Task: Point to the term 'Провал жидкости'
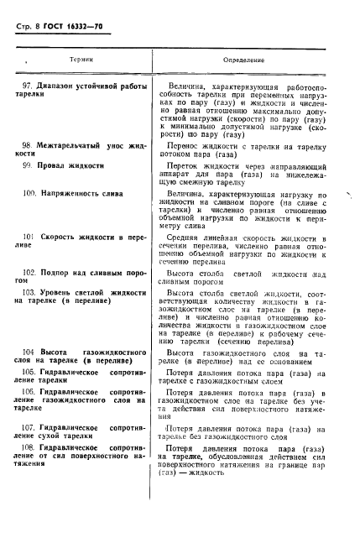point(70,166)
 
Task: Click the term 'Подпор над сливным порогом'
point(84,273)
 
